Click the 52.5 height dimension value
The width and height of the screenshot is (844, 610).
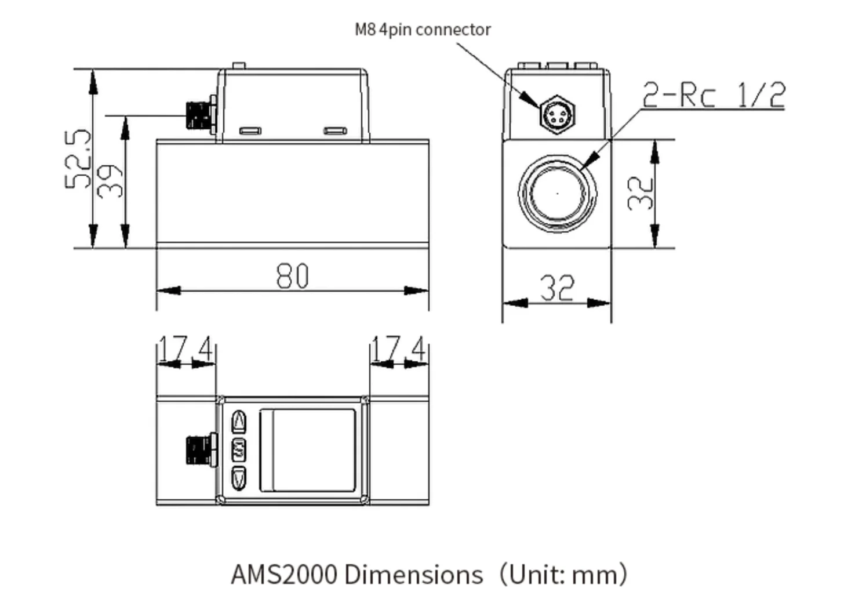coord(78,159)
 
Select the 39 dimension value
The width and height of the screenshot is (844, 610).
coord(110,180)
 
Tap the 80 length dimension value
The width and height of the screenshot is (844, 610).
coord(293,276)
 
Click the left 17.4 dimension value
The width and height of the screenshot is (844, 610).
coord(185,349)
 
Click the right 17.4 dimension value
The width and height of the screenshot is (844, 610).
coord(398,349)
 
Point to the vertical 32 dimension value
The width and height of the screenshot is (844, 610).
coord(640,193)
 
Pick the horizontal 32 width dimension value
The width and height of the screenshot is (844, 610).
coord(557,288)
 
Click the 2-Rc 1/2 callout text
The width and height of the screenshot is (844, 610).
coord(714,95)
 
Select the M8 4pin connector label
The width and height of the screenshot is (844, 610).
coord(423,30)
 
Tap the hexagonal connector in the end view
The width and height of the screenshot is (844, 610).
coord(558,115)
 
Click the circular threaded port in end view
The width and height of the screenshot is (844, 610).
coord(557,193)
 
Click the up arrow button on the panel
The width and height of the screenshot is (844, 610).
coord(239,422)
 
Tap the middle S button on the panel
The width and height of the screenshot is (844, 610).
coord(239,450)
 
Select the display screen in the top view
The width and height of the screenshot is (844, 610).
coord(307,450)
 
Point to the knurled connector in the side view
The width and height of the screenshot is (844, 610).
coord(200,115)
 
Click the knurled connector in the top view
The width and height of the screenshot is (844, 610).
coord(200,450)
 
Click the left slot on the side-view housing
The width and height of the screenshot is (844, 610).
coord(250,131)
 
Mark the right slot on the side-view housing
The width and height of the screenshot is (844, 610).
coord(335,131)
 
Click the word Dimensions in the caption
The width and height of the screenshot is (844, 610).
coord(413,575)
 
